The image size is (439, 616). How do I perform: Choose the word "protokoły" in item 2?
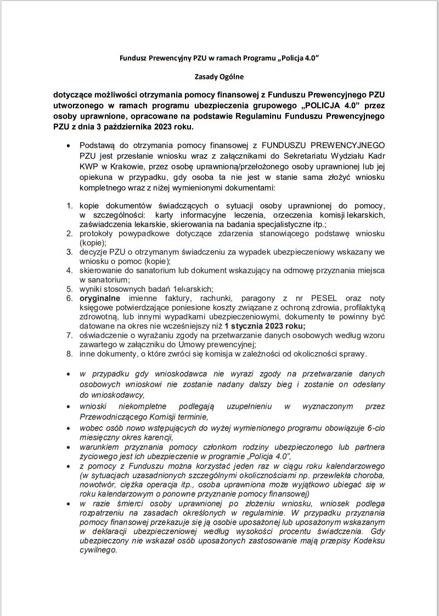pyautogui.click(x=98, y=233)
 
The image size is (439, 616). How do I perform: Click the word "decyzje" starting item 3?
pyautogui.click(x=94, y=252)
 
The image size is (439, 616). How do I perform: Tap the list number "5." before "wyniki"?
pyautogui.click(x=70, y=289)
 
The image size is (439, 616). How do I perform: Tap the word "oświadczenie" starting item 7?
pyautogui.click(x=105, y=335)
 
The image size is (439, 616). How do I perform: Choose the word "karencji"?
pyautogui.click(x=156, y=438)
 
